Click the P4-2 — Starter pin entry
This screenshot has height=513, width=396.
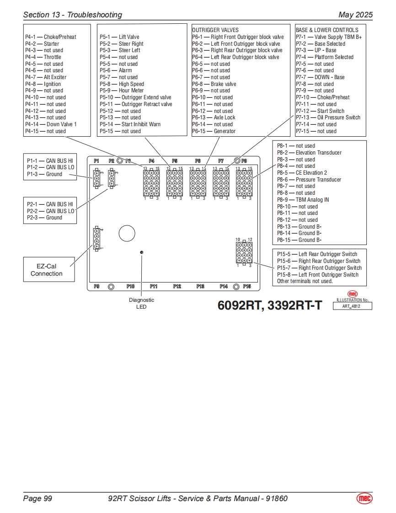tap(42, 44)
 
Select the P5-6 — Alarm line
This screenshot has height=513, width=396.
tap(116, 70)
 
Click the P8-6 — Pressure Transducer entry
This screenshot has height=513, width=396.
tap(309, 180)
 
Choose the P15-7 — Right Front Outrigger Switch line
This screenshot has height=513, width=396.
tap(319, 268)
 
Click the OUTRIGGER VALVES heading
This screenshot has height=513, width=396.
tap(215, 30)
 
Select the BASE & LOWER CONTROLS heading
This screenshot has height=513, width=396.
tap(327, 30)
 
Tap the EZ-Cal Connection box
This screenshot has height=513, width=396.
tap(46, 270)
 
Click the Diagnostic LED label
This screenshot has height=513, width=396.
tap(141, 303)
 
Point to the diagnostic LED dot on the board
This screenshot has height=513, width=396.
tap(142, 252)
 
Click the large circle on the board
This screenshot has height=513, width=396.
tap(127, 233)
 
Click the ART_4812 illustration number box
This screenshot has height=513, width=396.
tap(352, 306)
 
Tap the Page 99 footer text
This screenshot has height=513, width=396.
tap(37, 498)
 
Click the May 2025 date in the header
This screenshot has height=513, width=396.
tap(355, 15)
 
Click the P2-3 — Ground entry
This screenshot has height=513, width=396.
tap(44, 218)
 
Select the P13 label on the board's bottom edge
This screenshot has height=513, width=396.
tap(200, 287)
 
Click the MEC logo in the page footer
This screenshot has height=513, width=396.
tap(364, 498)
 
